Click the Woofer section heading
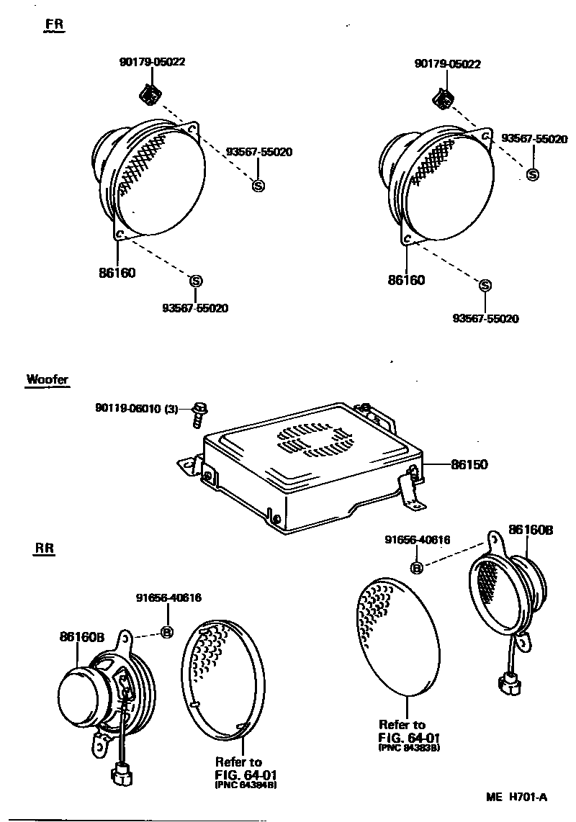48,379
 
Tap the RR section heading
44,549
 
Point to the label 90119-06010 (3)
135,408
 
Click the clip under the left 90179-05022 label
150,94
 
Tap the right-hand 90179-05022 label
447,63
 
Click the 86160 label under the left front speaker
117,273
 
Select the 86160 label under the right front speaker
406,280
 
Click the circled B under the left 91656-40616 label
166,633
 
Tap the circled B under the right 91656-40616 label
415,569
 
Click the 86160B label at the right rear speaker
530,530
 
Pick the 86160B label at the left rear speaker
82,636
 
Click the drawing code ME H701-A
517,797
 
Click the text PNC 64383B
408,748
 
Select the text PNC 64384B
245,785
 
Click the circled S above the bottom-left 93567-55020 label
194,280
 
